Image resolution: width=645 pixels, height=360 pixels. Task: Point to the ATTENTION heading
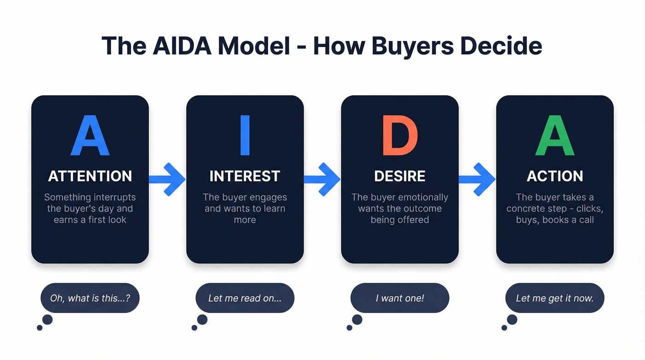pos(90,176)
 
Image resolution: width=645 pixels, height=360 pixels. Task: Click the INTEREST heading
pos(245,176)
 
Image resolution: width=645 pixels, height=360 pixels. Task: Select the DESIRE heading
pos(400,176)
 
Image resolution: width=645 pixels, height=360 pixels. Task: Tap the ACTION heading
pos(555,176)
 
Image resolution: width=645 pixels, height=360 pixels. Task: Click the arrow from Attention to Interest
pos(167,179)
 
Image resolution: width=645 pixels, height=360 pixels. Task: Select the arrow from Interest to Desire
pos(322,179)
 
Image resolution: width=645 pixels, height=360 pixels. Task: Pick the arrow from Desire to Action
pos(477,179)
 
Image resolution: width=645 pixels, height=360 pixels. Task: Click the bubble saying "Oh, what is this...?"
pos(90,298)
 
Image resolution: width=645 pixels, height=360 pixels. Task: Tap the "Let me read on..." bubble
pos(245,298)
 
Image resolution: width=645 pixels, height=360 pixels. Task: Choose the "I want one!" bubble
pos(400,298)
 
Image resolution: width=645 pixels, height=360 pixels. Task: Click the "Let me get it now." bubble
pos(555,298)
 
